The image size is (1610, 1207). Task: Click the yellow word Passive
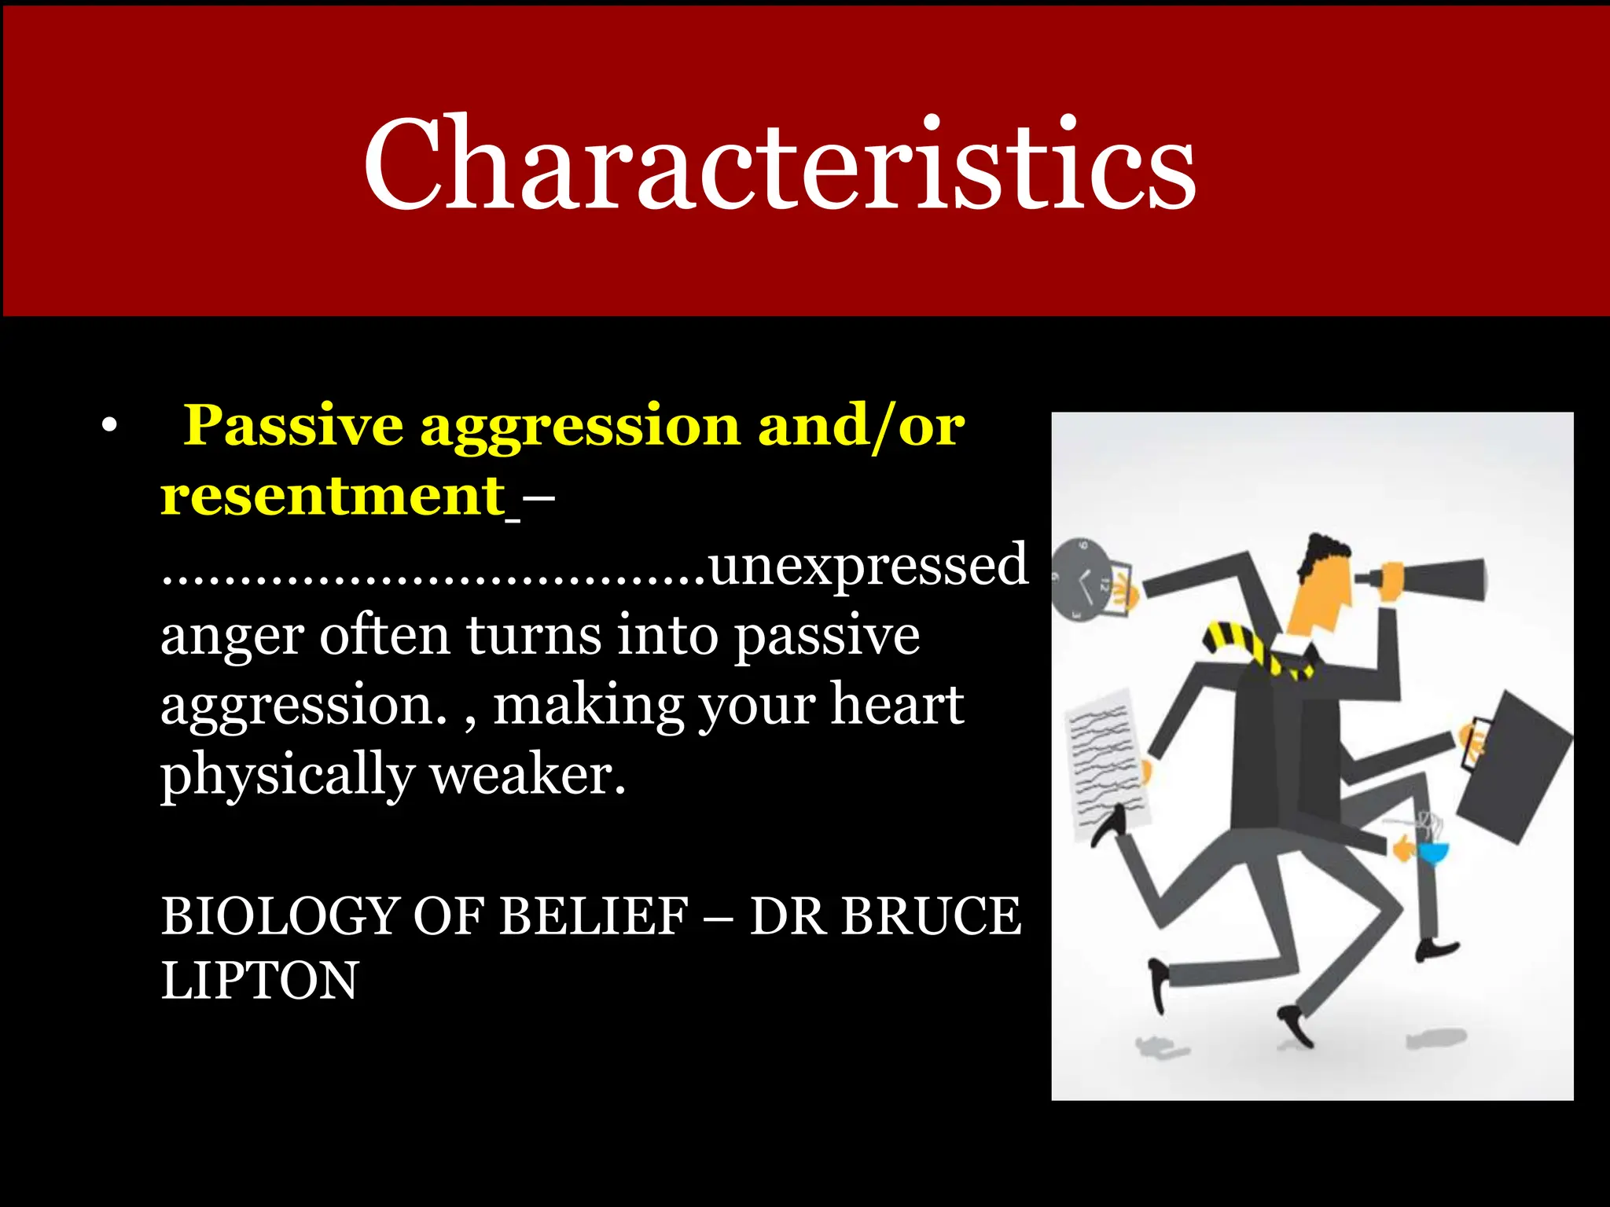click(x=293, y=425)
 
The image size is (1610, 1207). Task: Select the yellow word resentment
click(x=333, y=496)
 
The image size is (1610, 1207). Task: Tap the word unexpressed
click(x=868, y=565)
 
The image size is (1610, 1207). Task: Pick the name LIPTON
click(x=259, y=981)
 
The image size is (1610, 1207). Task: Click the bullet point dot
click(x=109, y=427)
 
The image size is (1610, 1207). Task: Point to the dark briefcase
click(x=1513, y=766)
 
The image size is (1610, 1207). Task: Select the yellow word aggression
click(x=579, y=425)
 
